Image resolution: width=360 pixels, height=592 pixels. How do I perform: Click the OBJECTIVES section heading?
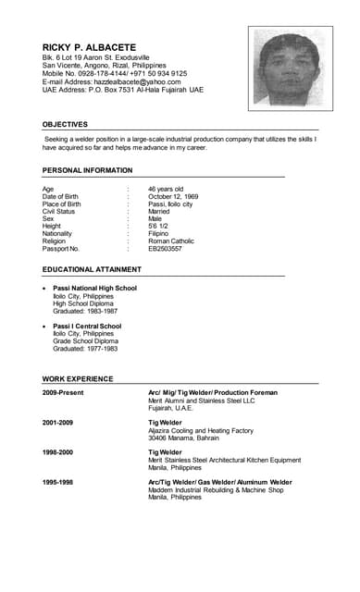coord(65,124)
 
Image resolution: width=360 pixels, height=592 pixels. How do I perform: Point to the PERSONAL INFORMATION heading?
coord(87,170)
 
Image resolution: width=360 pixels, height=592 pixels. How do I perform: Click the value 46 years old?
coord(166,189)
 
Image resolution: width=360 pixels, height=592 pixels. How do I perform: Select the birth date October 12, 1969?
coord(173,196)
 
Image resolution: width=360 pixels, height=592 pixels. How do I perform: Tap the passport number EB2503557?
coord(165,249)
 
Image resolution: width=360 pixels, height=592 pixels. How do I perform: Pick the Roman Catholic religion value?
coord(171,241)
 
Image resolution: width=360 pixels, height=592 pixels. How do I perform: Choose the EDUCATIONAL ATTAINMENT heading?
coord(92,269)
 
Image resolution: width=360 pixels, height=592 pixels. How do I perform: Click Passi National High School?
coord(94,288)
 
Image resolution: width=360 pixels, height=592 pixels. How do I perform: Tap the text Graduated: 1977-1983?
coord(85,349)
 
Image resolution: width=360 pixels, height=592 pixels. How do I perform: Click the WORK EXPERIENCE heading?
coord(77,379)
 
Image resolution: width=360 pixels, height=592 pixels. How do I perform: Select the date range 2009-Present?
coord(63,392)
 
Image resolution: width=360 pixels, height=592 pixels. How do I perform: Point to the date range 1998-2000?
coord(59,452)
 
